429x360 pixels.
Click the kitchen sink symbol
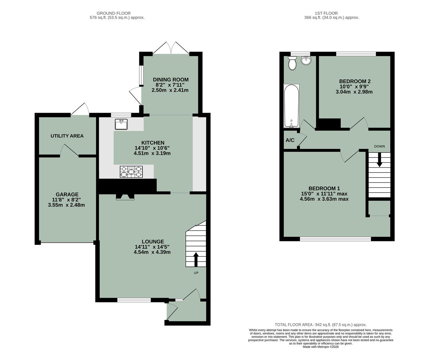121,124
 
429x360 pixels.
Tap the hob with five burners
131,172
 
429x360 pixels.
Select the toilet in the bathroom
292,63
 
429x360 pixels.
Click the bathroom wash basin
306,60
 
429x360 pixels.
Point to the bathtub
291,106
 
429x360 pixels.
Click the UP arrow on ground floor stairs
196,259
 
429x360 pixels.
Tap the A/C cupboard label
290,140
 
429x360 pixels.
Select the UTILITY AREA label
67,136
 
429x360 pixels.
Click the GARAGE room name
67,194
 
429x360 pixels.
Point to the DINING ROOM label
171,80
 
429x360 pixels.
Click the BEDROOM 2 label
355,81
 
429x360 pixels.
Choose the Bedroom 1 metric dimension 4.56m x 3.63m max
324,199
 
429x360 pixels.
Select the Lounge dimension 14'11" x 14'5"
152,247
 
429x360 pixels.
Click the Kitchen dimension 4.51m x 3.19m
152,153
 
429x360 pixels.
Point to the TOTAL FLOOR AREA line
320,325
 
